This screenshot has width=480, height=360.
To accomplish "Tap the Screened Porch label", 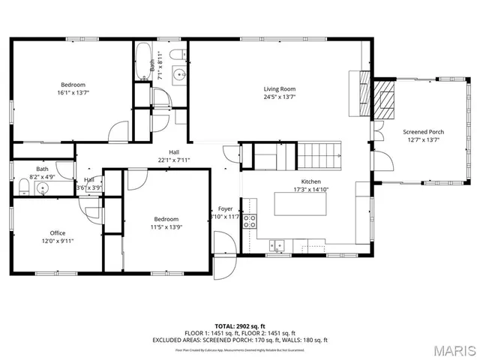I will pyautogui.click(x=424, y=131).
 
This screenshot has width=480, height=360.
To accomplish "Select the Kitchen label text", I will pyautogui.click(x=311, y=181).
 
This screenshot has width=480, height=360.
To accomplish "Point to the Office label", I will pyautogui.click(x=58, y=233).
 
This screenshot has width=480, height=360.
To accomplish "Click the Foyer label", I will pyautogui.click(x=225, y=208).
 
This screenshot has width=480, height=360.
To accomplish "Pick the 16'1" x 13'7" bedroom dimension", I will pyautogui.click(x=73, y=94).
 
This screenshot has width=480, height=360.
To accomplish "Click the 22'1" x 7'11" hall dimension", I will pyautogui.click(x=174, y=160).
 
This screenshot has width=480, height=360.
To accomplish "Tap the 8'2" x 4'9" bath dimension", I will pyautogui.click(x=42, y=178).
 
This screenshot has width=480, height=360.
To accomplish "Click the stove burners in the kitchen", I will pyautogui.click(x=250, y=220).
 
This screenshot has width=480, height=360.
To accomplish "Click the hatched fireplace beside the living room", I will pyautogui.click(x=386, y=97).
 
